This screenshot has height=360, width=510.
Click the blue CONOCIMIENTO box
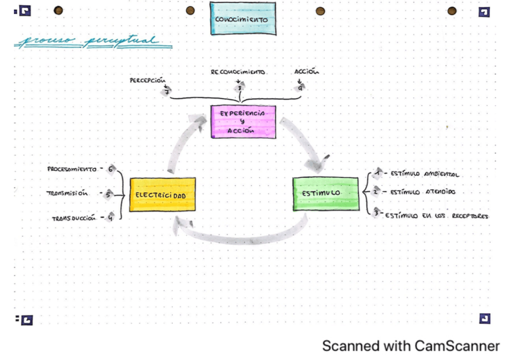[x=243, y=19]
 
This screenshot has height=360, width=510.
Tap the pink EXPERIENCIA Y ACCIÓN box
[x=243, y=121]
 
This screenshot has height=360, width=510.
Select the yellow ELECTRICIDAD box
[x=162, y=195]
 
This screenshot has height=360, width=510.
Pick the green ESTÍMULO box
[x=325, y=194]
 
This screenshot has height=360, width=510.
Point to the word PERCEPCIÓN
[x=147, y=81]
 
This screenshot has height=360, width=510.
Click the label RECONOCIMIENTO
[x=238, y=72]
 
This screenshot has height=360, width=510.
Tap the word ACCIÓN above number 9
[x=307, y=72]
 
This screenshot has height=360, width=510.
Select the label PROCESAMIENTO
[x=72, y=169]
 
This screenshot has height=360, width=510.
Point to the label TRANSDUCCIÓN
[x=74, y=218]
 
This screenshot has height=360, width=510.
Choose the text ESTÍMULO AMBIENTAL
[x=425, y=174]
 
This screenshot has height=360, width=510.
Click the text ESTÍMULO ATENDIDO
[x=423, y=192]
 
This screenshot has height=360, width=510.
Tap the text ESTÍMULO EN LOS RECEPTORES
[x=437, y=215]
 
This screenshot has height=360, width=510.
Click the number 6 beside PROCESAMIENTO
[x=111, y=169]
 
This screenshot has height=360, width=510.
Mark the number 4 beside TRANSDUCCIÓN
[x=111, y=218]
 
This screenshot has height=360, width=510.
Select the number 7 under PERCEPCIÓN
[x=167, y=91]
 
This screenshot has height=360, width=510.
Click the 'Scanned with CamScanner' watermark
[x=410, y=346]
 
